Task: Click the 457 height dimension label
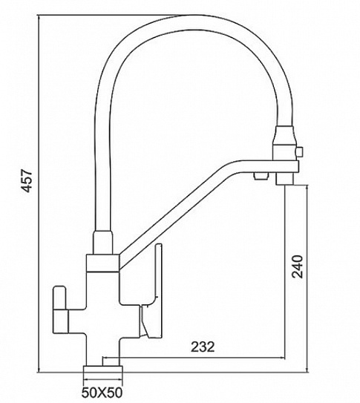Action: [27, 180]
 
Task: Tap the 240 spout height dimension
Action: [298, 266]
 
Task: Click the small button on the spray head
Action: [299, 151]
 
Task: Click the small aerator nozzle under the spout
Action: [261, 177]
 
